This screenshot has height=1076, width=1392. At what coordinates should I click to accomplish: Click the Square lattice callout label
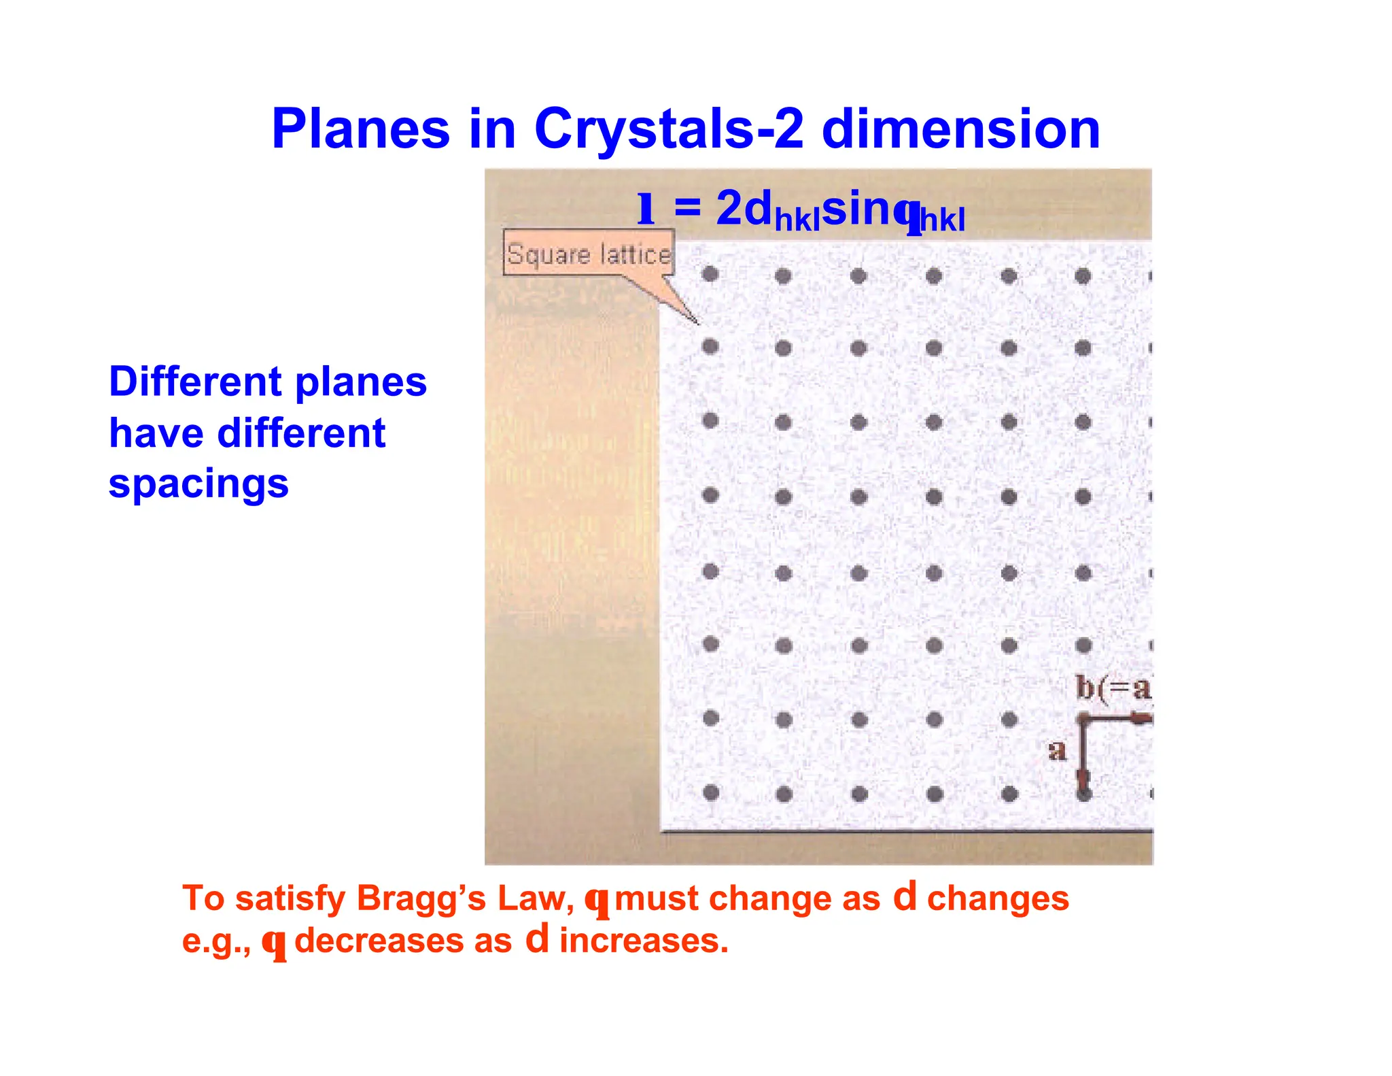[x=589, y=254]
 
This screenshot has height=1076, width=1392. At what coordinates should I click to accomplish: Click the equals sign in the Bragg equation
[x=687, y=207]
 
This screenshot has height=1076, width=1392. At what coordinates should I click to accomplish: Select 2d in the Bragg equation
[x=744, y=207]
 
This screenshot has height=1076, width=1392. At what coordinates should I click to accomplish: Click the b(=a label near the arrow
[x=1113, y=688]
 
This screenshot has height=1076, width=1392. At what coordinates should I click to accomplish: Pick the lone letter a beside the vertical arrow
[x=1057, y=750]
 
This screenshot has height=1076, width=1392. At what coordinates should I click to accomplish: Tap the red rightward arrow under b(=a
[x=1138, y=718]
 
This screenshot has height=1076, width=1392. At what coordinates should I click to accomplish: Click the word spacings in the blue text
[x=198, y=484]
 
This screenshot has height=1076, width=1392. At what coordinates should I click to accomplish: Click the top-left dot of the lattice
[x=710, y=274]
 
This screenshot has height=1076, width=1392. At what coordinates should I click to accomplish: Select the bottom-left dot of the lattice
[x=712, y=792]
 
